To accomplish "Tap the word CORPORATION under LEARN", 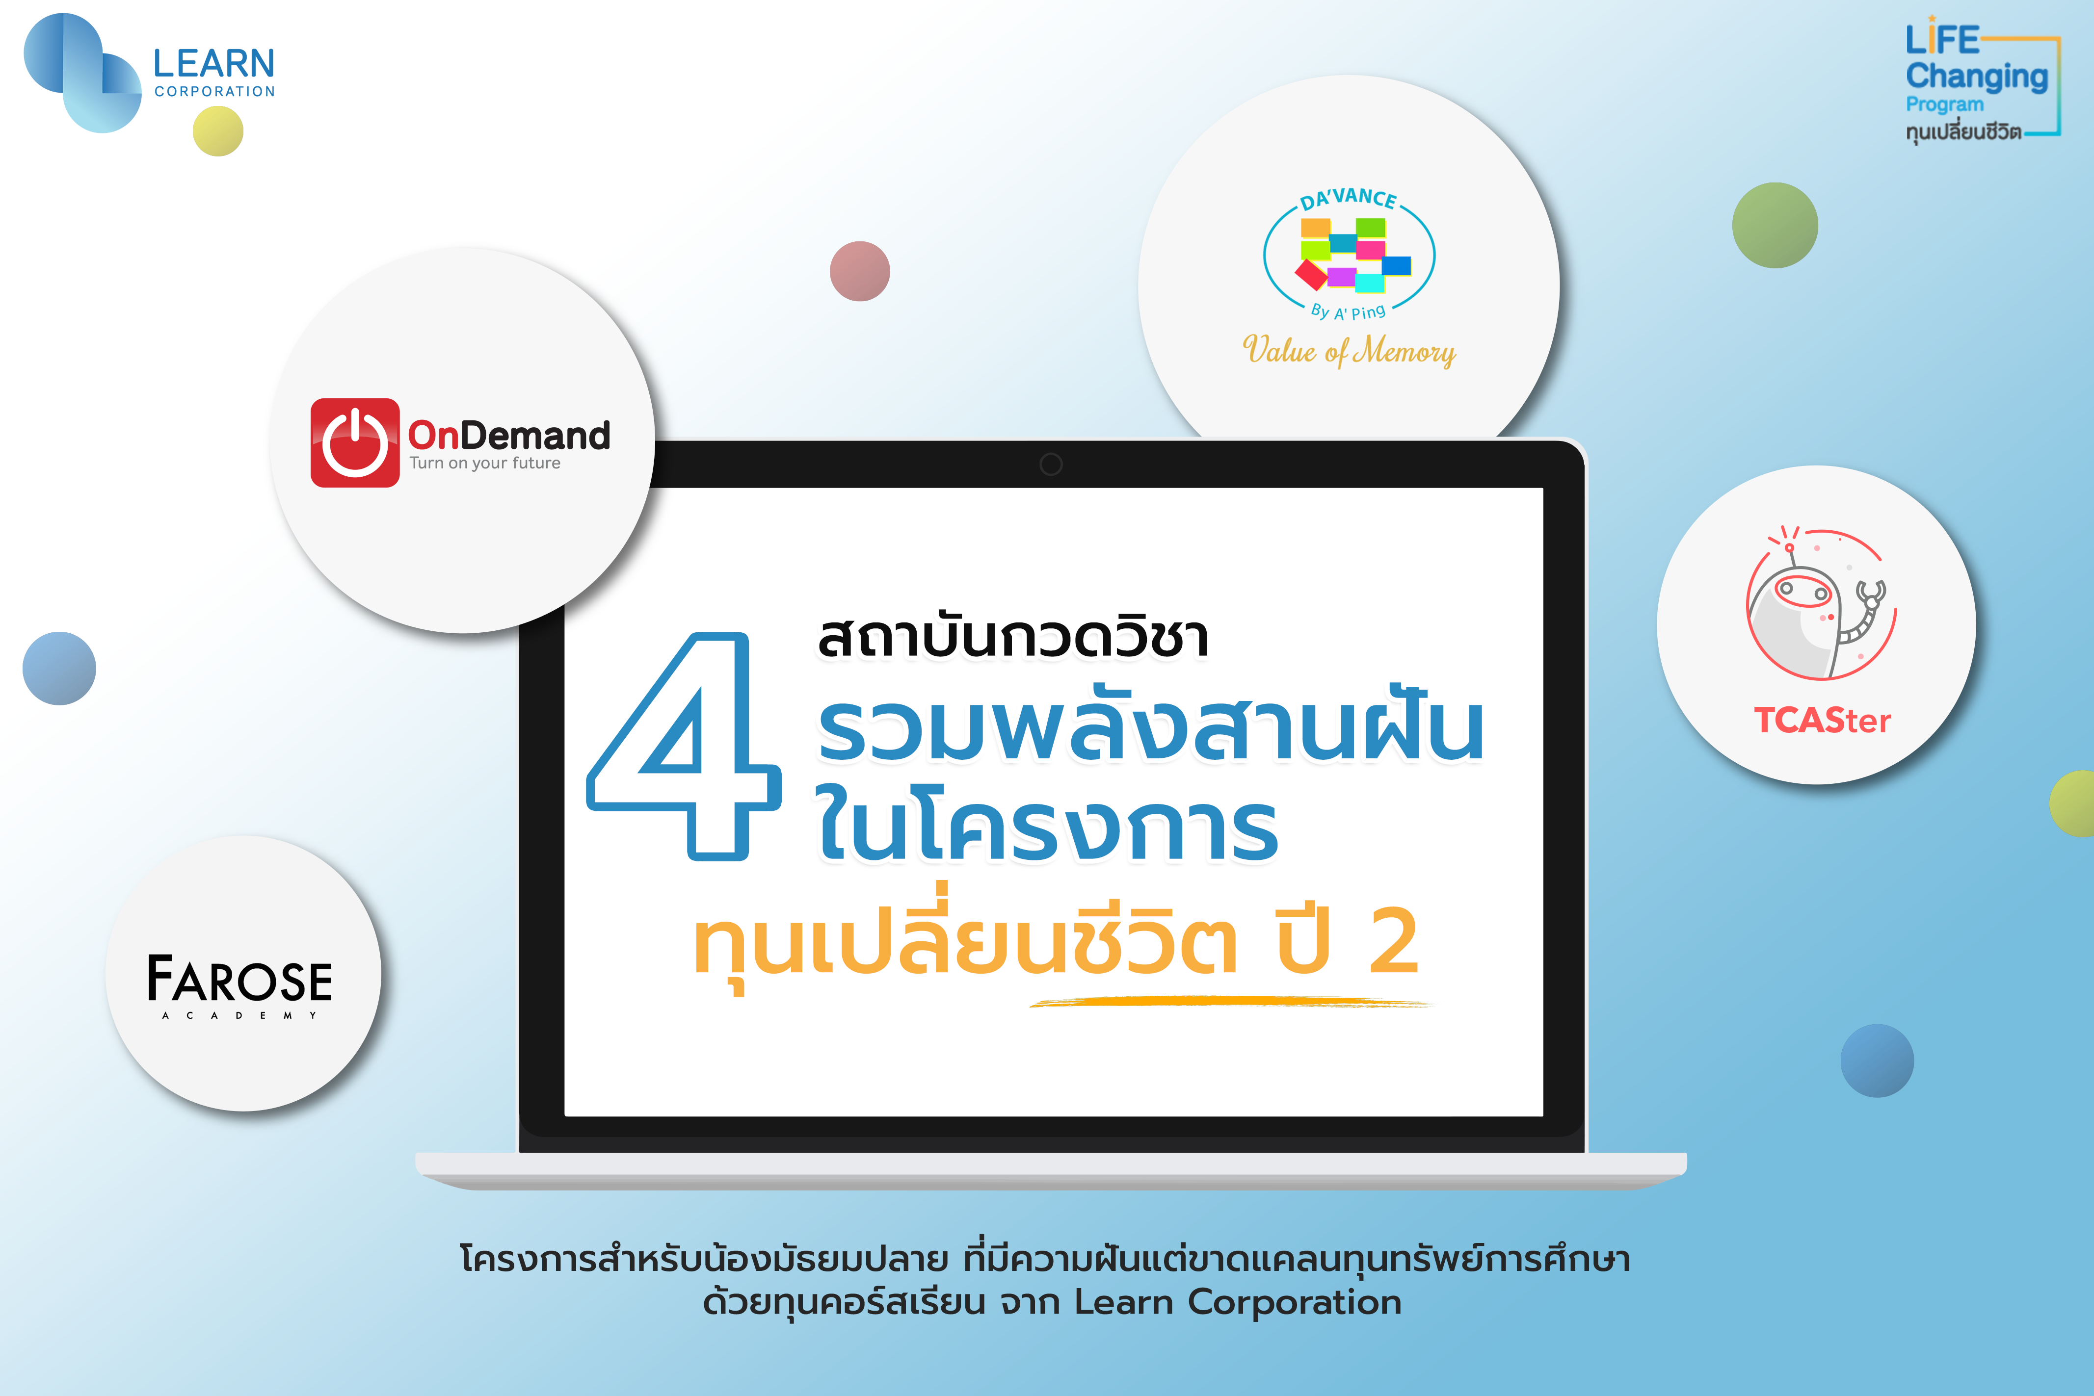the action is (x=214, y=92).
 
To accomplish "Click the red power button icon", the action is (x=354, y=442).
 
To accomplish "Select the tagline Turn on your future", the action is (x=484, y=463).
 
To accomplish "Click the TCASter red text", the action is (x=1822, y=720).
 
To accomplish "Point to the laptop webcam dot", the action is (x=1051, y=464).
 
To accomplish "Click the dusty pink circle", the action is (x=859, y=271).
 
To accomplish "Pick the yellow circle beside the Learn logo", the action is (x=218, y=131).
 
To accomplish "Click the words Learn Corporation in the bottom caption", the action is (x=1237, y=1302).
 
